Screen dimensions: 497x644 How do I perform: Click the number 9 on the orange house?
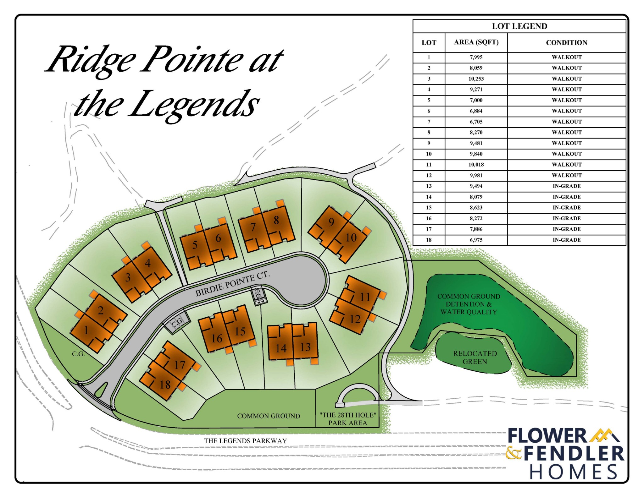331,222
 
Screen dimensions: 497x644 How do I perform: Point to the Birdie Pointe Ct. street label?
232,284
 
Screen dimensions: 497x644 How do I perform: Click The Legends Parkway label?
245,441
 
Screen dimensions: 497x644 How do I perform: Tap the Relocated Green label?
475,358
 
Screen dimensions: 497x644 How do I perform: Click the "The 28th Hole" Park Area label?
347,419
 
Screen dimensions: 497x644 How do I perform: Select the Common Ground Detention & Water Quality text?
469,304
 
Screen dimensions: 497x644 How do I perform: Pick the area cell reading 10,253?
476,79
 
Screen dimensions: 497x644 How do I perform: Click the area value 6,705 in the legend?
476,122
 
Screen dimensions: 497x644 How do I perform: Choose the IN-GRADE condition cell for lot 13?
566,186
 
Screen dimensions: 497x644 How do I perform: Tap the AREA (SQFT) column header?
476,42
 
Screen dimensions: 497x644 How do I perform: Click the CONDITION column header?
566,43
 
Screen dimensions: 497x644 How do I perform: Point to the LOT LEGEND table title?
519,26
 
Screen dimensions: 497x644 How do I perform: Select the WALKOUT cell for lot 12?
566,176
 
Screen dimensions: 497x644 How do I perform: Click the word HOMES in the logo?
574,472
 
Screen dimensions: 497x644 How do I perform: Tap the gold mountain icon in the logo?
605,435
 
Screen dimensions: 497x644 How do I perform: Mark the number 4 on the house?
147,263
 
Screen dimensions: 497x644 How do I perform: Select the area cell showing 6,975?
476,240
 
